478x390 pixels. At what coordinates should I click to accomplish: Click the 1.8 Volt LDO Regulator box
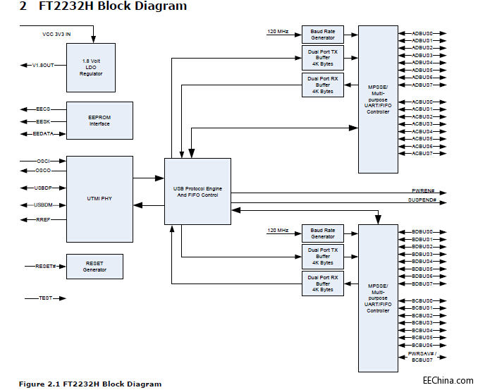pyautogui.click(x=91, y=67)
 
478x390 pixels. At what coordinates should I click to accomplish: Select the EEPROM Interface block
pyautogui.click(x=99, y=121)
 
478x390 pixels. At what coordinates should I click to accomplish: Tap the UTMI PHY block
pyautogui.click(x=99, y=199)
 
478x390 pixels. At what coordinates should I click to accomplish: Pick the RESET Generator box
pyautogui.click(x=94, y=266)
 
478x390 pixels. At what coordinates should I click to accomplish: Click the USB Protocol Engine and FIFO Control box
pyautogui.click(x=197, y=191)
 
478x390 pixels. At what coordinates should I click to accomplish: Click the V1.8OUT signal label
pyautogui.click(x=44, y=65)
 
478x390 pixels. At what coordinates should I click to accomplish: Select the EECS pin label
pyautogui.click(x=44, y=109)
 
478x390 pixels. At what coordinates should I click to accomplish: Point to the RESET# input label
pyautogui.click(x=46, y=267)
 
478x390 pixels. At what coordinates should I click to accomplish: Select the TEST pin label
pyautogui.click(x=45, y=298)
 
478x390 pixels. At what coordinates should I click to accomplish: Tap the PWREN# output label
pyautogui.click(x=424, y=191)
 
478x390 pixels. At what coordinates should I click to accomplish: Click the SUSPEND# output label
pyautogui.click(x=423, y=200)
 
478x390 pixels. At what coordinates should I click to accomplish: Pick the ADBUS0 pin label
pyautogui.click(x=422, y=33)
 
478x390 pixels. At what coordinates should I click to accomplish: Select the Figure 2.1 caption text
pyautogui.click(x=90, y=384)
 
